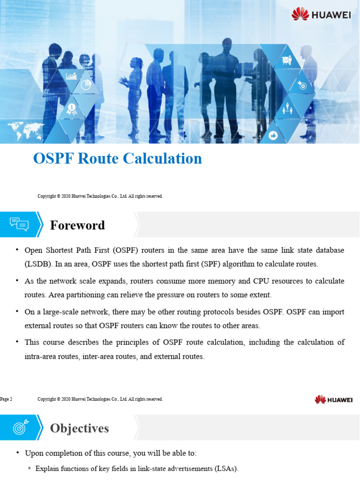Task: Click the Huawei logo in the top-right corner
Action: pyautogui.click(x=321, y=14)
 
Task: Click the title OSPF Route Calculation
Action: pyautogui.click(x=117, y=158)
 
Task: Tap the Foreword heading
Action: pyautogui.click(x=77, y=225)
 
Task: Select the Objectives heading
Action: pyautogui.click(x=79, y=428)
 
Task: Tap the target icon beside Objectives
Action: pyautogui.click(x=19, y=427)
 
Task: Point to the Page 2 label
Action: pyautogui.click(x=6, y=399)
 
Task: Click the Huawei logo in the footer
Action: pyautogui.click(x=334, y=399)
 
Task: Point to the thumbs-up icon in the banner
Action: pyautogui.click(x=274, y=135)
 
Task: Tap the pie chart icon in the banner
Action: pyautogui.click(x=85, y=85)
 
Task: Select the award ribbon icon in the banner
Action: pyautogui.click(x=71, y=109)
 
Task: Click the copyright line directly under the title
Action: pyautogui.click(x=100, y=196)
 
